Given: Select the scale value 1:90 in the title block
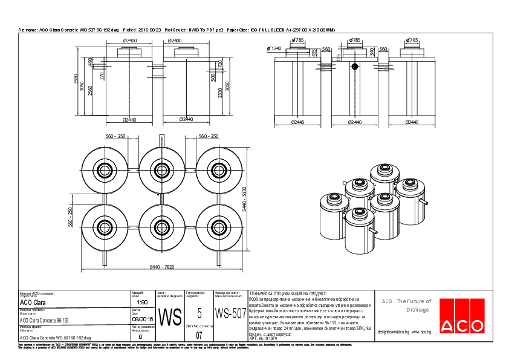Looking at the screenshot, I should (143, 302).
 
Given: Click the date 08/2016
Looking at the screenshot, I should (143, 318).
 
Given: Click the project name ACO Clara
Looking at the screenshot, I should (33, 303).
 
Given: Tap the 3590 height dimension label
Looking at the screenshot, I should (76, 79).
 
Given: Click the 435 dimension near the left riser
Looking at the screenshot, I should (314, 52).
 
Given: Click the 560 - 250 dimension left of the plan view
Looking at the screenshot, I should (70, 217).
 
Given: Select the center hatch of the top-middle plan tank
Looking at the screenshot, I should (162, 170).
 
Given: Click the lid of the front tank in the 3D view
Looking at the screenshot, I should (359, 213).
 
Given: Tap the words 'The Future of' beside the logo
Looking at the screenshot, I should (414, 301).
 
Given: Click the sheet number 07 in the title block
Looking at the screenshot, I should (199, 334).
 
